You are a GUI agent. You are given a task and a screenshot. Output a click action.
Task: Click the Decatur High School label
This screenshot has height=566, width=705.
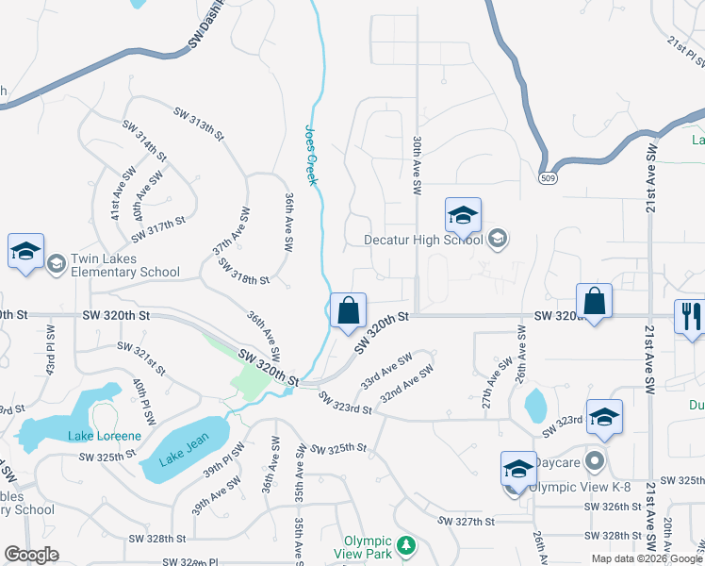click(x=423, y=240)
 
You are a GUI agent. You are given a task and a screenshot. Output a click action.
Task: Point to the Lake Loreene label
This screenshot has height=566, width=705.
click(x=105, y=436)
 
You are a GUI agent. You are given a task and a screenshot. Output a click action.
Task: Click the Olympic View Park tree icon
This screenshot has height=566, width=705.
click(x=406, y=545)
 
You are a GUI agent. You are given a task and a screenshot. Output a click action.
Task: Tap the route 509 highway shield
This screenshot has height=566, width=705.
click(x=546, y=176)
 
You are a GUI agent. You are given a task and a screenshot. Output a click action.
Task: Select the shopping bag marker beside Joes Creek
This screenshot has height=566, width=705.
click(x=348, y=309)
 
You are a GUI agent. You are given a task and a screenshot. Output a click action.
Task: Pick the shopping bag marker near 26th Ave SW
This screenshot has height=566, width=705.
click(x=594, y=302)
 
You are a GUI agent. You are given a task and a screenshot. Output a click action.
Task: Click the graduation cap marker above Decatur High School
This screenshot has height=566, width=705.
click(x=463, y=216)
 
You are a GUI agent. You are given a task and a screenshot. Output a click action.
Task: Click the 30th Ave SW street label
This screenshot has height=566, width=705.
click(x=416, y=165)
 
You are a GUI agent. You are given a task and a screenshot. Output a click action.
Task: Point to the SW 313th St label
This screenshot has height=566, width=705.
click(x=198, y=124)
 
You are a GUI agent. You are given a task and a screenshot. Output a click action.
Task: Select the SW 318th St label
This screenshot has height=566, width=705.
click(x=243, y=274)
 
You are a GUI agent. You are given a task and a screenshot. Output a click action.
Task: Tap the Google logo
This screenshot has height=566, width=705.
click(x=31, y=555)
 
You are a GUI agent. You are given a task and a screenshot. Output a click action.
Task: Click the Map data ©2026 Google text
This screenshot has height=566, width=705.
click(x=646, y=558)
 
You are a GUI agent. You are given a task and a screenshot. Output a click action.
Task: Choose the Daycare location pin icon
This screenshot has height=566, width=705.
click(x=594, y=462)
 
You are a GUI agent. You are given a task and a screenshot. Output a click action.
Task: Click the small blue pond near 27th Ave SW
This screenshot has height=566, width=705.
click(x=534, y=406)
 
